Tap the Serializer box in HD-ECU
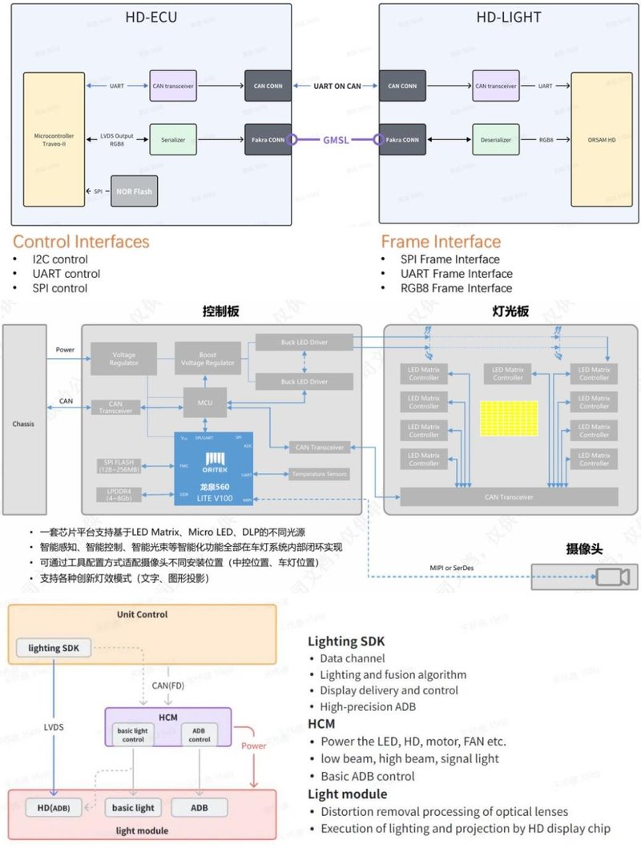[x=173, y=139]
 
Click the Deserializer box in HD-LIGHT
[x=496, y=139]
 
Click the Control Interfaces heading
[x=81, y=241]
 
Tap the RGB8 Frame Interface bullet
[x=456, y=288]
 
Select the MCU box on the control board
[x=204, y=403]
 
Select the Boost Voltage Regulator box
[x=207, y=358]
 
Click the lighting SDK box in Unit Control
[x=54, y=648]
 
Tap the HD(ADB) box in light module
[x=47, y=807]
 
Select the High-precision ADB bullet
[x=369, y=706]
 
